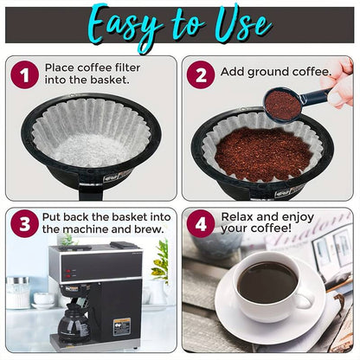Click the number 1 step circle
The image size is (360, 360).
coord(25,74)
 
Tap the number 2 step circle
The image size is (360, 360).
coord(201,74)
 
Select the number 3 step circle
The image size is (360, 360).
coord(25,223)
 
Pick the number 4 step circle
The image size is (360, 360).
coord(201,223)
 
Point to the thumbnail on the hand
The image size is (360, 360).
coord(336,99)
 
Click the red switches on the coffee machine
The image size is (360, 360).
coord(67,273)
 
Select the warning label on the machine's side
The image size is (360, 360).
coord(121,327)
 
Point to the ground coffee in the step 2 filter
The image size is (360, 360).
coord(263,155)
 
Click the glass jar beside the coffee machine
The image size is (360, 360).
coord(18,293)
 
